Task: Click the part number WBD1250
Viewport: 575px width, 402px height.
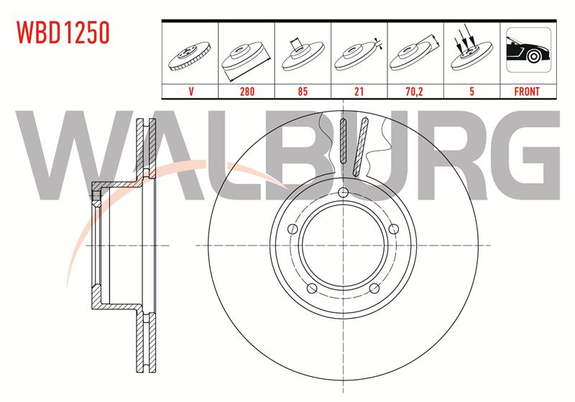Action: point(63,32)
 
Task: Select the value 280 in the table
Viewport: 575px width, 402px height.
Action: point(247,91)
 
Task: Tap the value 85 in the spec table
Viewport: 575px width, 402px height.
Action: point(303,91)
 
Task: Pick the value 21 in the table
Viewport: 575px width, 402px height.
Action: point(359,91)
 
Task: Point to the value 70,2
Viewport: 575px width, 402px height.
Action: point(415,91)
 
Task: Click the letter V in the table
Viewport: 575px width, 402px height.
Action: point(190,91)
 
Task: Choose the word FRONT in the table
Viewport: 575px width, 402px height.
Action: point(527,91)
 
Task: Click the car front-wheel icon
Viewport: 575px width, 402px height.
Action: point(528,50)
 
